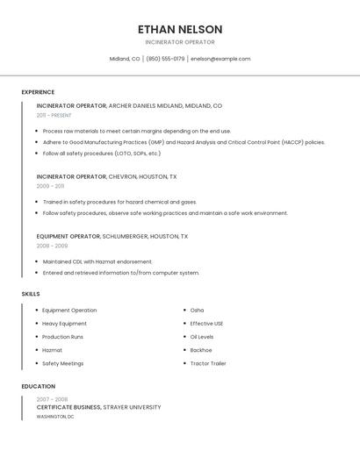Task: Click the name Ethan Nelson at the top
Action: (x=180, y=29)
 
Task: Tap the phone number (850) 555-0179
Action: (x=165, y=59)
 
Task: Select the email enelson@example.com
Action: (x=220, y=59)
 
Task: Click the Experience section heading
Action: (x=38, y=92)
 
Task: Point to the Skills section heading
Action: (x=31, y=294)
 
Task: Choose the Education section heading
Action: (x=38, y=386)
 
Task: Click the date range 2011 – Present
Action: (x=54, y=115)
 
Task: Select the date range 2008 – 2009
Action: (x=52, y=246)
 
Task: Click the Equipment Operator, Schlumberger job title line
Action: (x=112, y=236)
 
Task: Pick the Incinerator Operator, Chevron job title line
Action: (x=106, y=176)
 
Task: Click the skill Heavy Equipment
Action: (x=64, y=324)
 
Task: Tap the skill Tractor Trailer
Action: (x=208, y=363)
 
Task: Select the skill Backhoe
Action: (x=201, y=350)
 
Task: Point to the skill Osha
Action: (x=197, y=311)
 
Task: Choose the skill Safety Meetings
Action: (x=62, y=363)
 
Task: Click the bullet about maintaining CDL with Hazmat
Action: (x=97, y=261)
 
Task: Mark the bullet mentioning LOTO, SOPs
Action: (x=102, y=154)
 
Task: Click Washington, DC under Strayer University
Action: (x=55, y=417)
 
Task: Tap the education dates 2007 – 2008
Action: (x=52, y=399)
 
